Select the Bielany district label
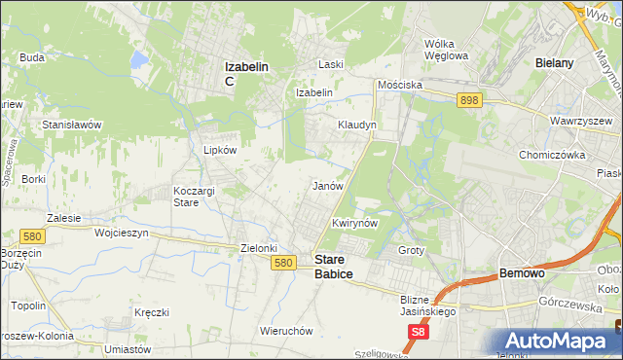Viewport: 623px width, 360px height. [x=554, y=62]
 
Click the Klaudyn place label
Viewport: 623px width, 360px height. [x=356, y=126]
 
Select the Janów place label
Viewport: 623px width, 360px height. [x=326, y=185]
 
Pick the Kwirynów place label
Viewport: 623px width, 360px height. [x=353, y=223]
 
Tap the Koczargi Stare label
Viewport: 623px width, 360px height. [x=193, y=196]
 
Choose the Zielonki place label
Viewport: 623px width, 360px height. [x=260, y=248]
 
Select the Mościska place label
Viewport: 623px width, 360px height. [x=400, y=85]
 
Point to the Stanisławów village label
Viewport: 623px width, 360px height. [x=72, y=126]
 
